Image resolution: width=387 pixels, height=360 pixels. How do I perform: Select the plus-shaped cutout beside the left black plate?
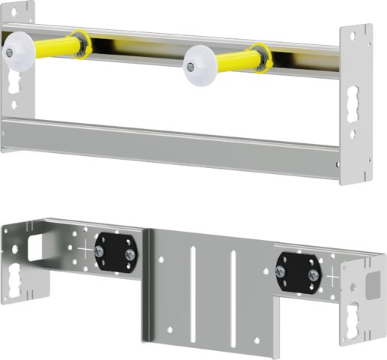(88, 250)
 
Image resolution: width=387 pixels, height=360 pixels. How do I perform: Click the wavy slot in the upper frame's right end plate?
(355, 112)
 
